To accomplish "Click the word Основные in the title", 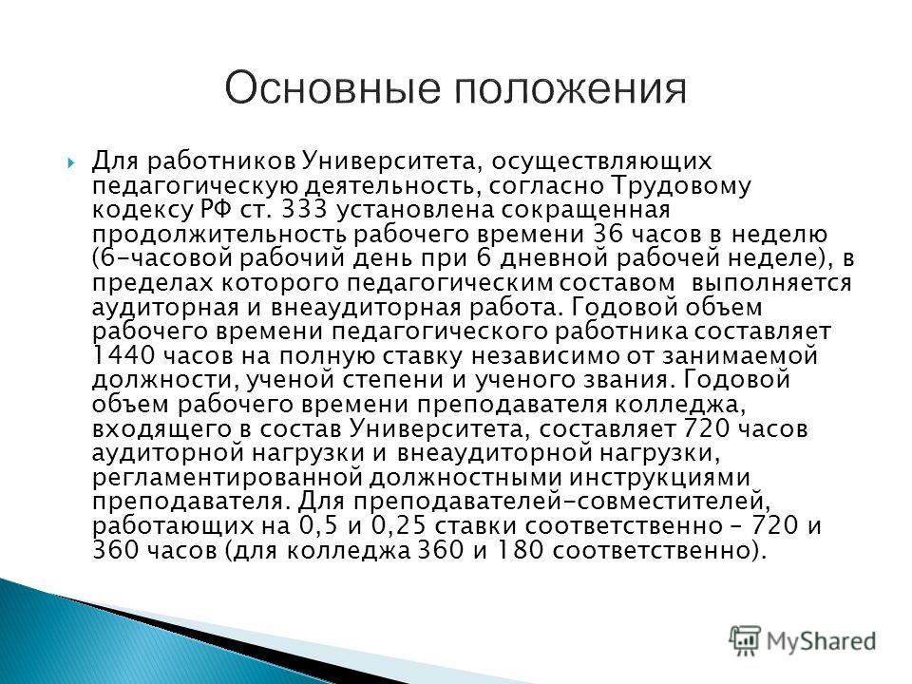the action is (332, 88).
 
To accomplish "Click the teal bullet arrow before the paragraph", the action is (71, 162).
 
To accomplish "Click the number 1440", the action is (123, 355).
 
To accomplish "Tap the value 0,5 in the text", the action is (319, 526).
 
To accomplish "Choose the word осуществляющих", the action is (602, 161).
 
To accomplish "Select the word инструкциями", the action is (659, 478).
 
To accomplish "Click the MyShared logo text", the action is (821, 641).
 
